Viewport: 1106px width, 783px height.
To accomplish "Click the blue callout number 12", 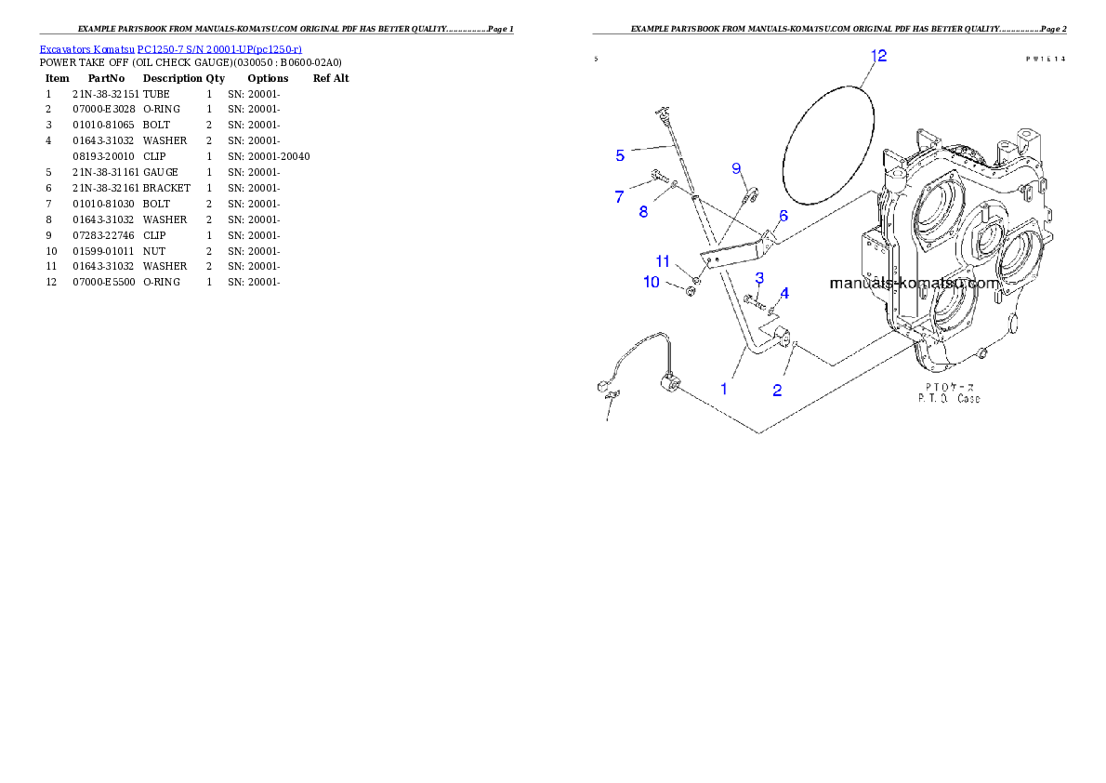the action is pyautogui.click(x=878, y=57).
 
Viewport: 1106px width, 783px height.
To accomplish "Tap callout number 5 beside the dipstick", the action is pyautogui.click(x=620, y=155).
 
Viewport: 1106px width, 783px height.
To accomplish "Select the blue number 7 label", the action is pyautogui.click(x=619, y=196).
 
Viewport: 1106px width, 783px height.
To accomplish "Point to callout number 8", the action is pyautogui.click(x=643, y=211).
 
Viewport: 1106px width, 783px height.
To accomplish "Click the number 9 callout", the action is pyautogui.click(x=736, y=168).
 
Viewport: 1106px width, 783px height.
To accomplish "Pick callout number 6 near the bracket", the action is pyautogui.click(x=783, y=216).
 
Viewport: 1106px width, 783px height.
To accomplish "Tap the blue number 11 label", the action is pyautogui.click(x=662, y=259).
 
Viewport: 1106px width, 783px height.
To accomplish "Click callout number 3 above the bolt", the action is pyautogui.click(x=759, y=278).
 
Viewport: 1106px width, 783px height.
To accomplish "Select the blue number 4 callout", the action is pyautogui.click(x=784, y=293).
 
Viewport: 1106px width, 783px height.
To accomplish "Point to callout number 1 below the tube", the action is pyautogui.click(x=724, y=388).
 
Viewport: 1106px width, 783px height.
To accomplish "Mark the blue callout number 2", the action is pyautogui.click(x=778, y=390).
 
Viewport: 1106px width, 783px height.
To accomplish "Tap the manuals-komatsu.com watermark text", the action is pyautogui.click(x=914, y=283).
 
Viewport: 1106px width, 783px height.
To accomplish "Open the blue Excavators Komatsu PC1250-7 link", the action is pyautogui.click(x=171, y=49).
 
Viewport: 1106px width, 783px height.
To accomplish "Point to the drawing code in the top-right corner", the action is pyautogui.click(x=1045, y=59).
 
